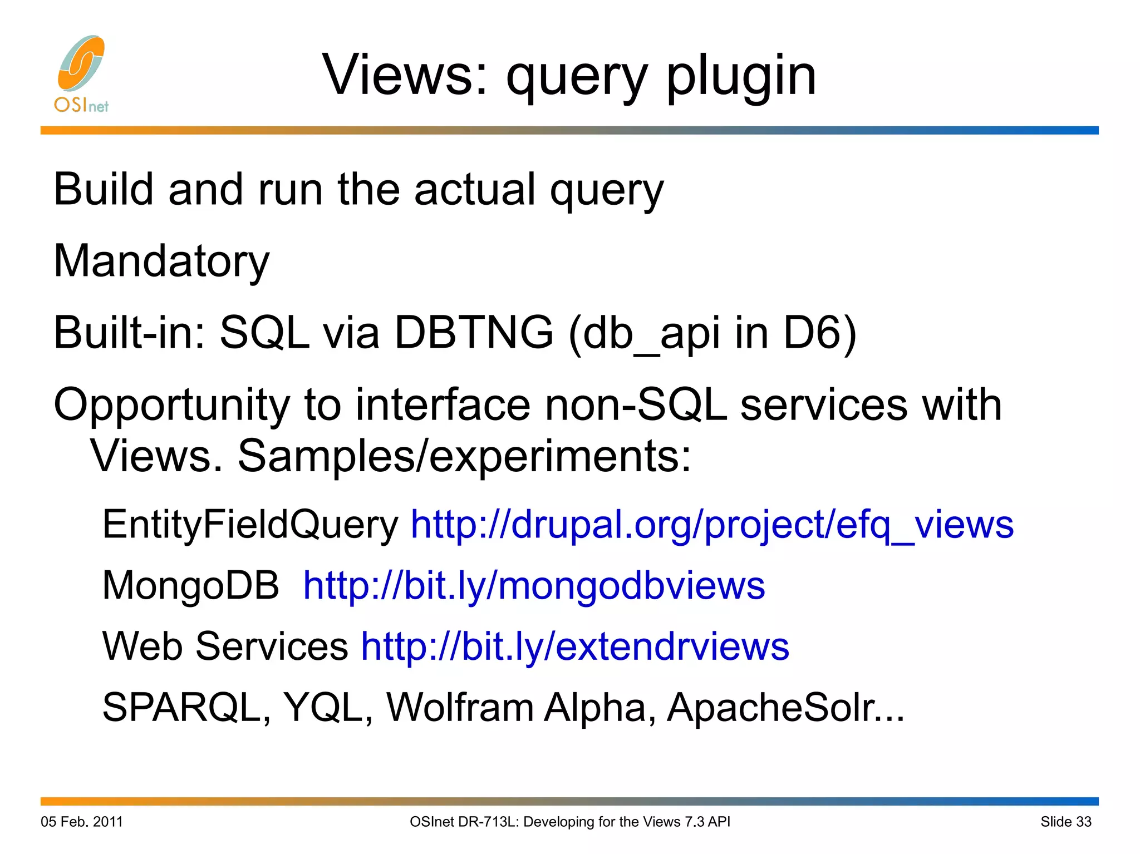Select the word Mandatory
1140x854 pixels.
[161, 261]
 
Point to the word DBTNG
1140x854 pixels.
[474, 332]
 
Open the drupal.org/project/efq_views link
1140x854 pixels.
[712, 525]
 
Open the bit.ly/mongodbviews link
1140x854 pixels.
[534, 586]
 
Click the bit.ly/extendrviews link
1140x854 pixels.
[575, 646]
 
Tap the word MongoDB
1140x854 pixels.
[190, 586]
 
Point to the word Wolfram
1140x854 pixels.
[460, 707]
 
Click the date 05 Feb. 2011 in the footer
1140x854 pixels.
[82, 822]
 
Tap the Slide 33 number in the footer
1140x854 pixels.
[1065, 822]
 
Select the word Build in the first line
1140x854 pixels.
[103, 190]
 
